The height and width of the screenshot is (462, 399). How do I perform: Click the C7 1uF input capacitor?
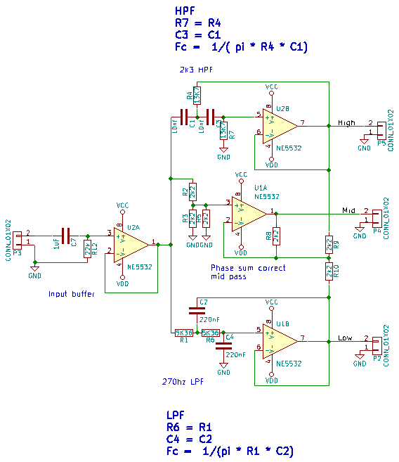67,235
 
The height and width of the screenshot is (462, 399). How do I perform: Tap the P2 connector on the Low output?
376,342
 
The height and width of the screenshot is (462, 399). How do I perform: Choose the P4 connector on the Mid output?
376,217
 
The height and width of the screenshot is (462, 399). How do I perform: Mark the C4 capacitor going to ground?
223,345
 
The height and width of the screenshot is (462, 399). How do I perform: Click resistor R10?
329,271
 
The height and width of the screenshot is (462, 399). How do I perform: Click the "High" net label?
346,122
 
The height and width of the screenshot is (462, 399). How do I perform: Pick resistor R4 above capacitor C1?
197,95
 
